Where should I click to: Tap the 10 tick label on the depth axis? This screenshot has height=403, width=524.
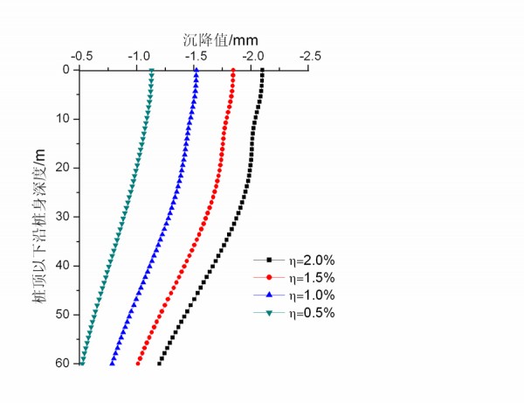[63, 119]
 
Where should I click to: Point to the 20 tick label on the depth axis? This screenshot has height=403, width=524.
[63, 168]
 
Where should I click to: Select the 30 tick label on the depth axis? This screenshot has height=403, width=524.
[63, 217]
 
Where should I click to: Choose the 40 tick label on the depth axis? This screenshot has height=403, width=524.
[63, 266]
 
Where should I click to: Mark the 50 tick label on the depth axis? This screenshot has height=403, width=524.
[63, 315]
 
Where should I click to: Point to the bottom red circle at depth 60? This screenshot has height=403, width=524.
[138, 363]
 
